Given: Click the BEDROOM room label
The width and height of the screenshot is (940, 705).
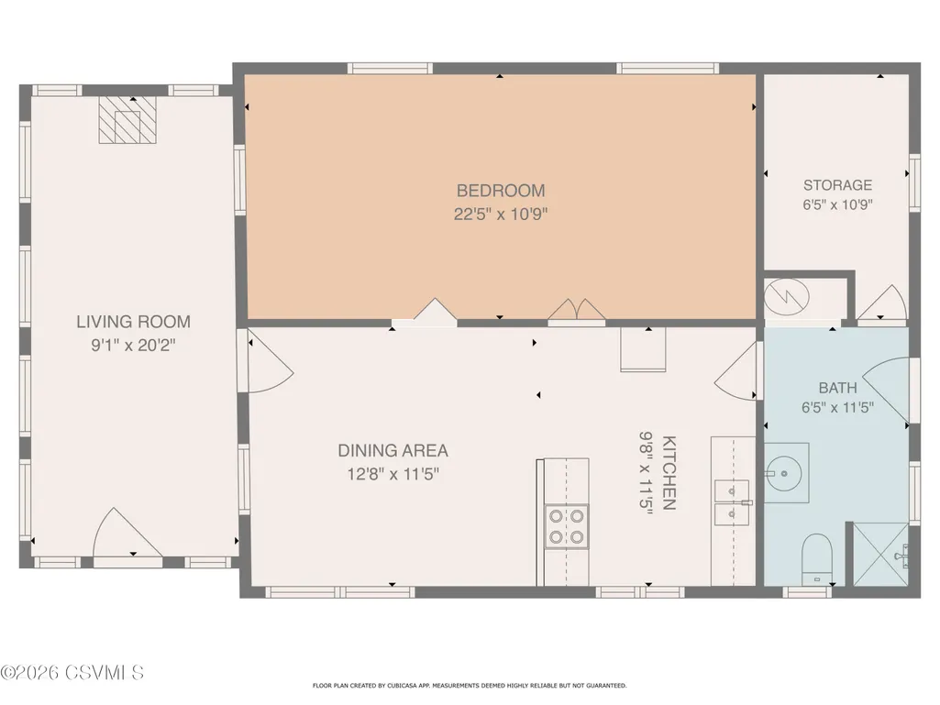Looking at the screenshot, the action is pos(501,191).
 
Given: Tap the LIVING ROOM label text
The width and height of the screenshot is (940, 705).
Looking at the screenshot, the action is pos(133,322).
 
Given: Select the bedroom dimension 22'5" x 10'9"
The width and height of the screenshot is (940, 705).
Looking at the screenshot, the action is pos(501,214).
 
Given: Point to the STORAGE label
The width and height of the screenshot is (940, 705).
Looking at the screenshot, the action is pos(837,185).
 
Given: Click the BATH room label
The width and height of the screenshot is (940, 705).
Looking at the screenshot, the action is pos(837,388).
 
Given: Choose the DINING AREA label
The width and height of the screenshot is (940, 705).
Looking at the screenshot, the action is pos(393,451).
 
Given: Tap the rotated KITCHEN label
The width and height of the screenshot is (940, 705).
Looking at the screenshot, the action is pos(669,473).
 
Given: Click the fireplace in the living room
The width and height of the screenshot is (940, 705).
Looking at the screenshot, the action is pos(127,120).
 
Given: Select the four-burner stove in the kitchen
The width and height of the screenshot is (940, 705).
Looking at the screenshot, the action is pos(567,527).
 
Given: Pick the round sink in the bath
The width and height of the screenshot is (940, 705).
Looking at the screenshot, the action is pos(784,473).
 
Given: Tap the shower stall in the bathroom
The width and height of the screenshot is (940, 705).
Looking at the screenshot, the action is pos(880,555).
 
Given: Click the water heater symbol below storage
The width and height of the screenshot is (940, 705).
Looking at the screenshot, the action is pos(787,297).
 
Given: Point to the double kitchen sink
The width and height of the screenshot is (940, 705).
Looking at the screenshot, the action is pos(732,502).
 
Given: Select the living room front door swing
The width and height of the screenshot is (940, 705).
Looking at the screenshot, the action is pos(127,534).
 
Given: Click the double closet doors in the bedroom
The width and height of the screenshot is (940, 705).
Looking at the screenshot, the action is pos(577,311).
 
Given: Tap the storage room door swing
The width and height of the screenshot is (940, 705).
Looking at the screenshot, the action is pos(882,303).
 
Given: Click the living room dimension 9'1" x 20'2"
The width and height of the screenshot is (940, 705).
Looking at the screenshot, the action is pos(133,346).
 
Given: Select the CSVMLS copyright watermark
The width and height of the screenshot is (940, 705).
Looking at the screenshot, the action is pos(72,673).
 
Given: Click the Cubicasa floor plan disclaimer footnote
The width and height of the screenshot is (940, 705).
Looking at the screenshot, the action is pos(470,685).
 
